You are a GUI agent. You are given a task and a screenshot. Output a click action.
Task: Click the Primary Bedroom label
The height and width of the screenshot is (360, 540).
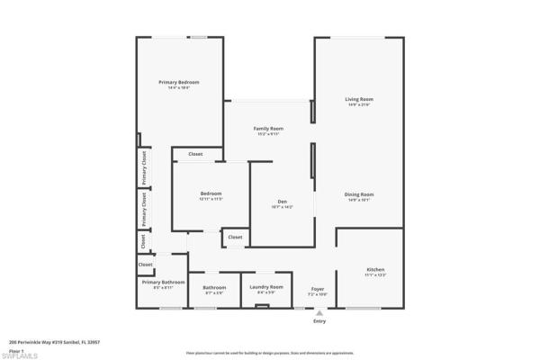pyautogui.click(x=178, y=82)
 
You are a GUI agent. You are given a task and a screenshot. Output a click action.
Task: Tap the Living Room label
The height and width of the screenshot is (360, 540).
pyautogui.click(x=359, y=99)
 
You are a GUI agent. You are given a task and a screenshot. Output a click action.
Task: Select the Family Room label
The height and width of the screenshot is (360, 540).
pyautogui.click(x=269, y=129)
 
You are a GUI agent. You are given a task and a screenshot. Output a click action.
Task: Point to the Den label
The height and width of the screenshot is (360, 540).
pyautogui.click(x=282, y=201)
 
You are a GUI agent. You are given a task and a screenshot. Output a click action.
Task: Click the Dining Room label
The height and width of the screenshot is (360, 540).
pyautogui.click(x=359, y=193)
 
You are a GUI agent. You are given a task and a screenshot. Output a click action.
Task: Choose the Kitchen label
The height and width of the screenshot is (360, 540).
pyautogui.click(x=375, y=269)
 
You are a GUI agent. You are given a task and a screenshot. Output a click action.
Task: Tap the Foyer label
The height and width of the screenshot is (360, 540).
pyautogui.click(x=318, y=288)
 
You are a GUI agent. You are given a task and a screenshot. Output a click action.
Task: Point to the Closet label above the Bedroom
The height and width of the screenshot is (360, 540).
pyautogui.click(x=195, y=154)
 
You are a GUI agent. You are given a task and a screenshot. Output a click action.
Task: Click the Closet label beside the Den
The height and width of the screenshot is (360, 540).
pyautogui.click(x=234, y=237)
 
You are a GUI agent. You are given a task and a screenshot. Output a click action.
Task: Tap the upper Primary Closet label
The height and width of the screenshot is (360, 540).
pyautogui.click(x=143, y=167)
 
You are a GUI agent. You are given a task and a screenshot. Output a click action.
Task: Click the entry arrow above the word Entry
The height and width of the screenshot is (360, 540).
pyautogui.click(x=319, y=312)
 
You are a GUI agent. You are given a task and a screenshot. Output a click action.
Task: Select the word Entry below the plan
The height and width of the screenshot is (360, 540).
pyautogui.click(x=319, y=321)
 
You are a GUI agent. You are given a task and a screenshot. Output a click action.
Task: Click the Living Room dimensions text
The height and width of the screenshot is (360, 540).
pyautogui.click(x=359, y=104)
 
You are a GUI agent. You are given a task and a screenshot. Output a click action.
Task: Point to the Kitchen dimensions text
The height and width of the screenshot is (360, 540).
pyautogui.click(x=375, y=274)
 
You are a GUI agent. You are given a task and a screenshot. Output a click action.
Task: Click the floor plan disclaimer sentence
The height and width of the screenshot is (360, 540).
pyautogui.click(x=270, y=353)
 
